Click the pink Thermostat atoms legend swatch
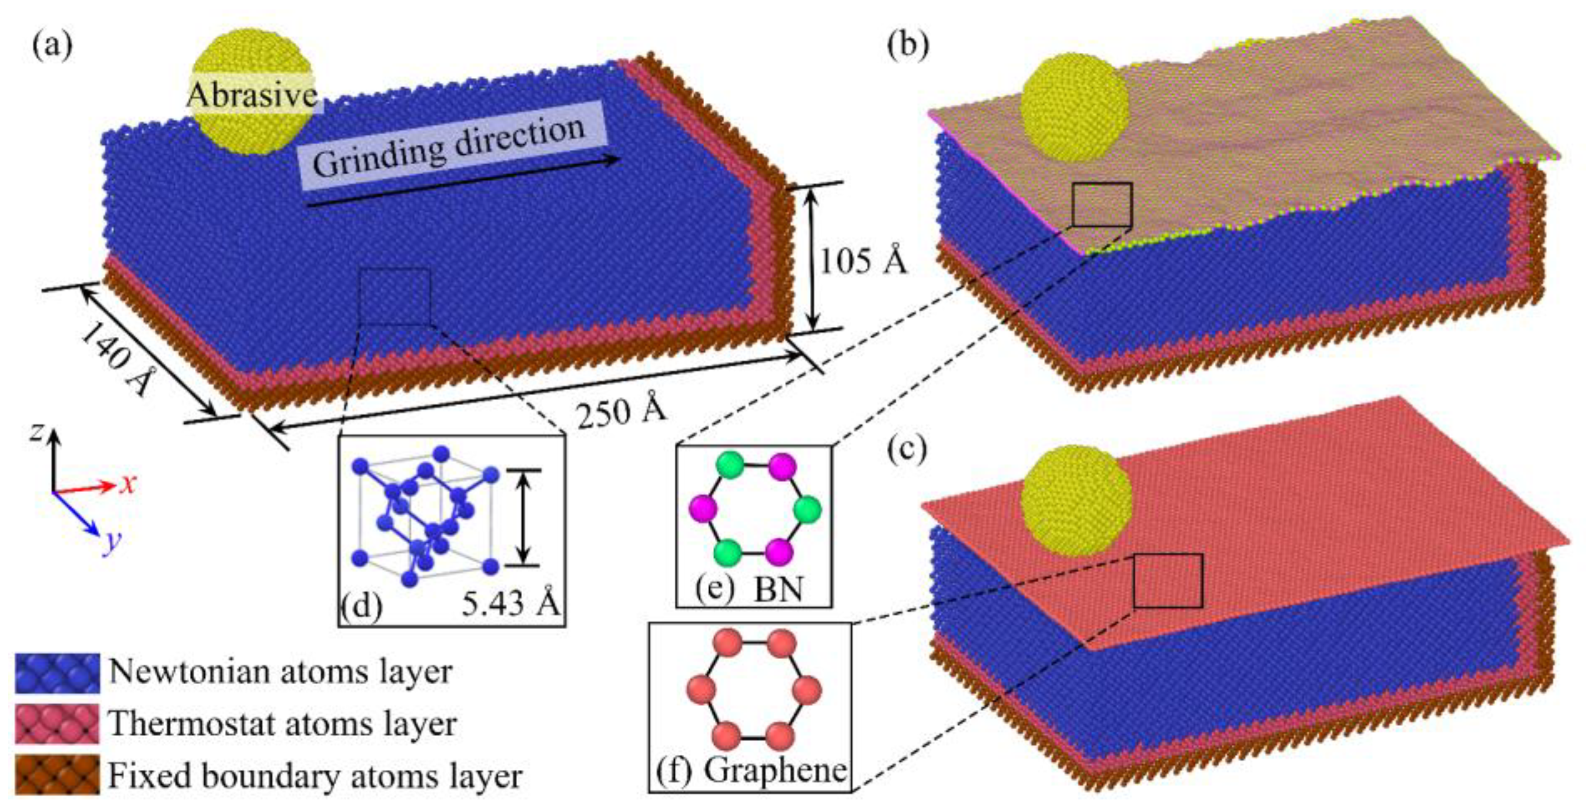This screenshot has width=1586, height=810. coord(57,724)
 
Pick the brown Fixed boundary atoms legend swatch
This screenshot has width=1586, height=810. coord(57,775)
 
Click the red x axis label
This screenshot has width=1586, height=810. coord(127,485)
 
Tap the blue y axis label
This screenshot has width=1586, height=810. coord(111,543)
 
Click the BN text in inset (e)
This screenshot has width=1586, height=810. coord(779,589)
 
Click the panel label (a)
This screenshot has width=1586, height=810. coord(52,47)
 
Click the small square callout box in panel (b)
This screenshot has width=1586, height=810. coord(1102,204)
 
